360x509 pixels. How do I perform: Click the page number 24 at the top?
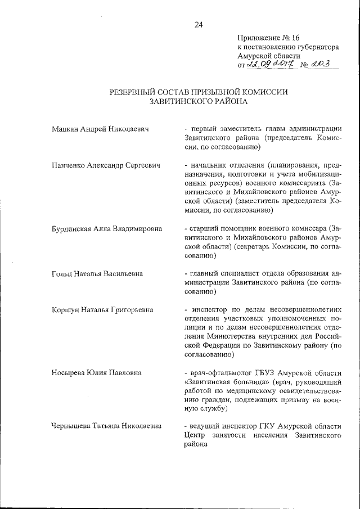198,24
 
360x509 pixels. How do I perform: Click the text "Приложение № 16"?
269,38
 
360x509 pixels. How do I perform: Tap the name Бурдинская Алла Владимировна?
107,228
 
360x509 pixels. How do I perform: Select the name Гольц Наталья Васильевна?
96,273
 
